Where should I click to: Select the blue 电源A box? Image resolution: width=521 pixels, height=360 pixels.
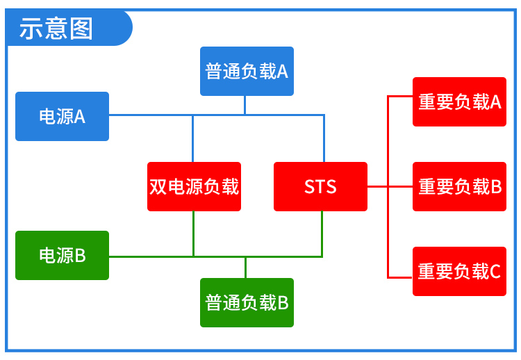(62, 116)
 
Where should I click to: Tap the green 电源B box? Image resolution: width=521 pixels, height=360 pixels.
(62, 255)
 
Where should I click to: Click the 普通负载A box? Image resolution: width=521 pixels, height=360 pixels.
(247, 71)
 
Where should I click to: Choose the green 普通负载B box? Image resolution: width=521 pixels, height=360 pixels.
(247, 302)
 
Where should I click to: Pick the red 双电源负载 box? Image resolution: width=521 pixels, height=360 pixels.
(194, 186)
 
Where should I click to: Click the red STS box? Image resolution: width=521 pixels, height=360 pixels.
(320, 186)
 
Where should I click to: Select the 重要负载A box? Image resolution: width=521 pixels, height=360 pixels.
(459, 101)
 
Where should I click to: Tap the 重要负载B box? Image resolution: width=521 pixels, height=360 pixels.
(459, 186)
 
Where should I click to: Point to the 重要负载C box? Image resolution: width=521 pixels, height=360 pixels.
(459, 271)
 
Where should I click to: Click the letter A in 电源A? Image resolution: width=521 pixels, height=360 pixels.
(80, 117)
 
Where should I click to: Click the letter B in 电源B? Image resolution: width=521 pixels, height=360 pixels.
(80, 256)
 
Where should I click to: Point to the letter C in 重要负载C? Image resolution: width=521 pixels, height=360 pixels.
(495, 272)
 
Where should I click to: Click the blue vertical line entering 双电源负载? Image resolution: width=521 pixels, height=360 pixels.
(193, 138)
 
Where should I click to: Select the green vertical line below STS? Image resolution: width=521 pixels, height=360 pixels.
(322, 234)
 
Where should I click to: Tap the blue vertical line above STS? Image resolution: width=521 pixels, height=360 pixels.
(324, 138)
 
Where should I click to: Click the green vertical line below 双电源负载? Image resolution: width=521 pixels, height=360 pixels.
(193, 234)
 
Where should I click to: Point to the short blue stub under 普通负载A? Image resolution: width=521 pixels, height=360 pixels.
(245, 105)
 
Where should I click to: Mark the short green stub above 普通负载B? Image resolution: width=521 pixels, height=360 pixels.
(245, 268)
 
